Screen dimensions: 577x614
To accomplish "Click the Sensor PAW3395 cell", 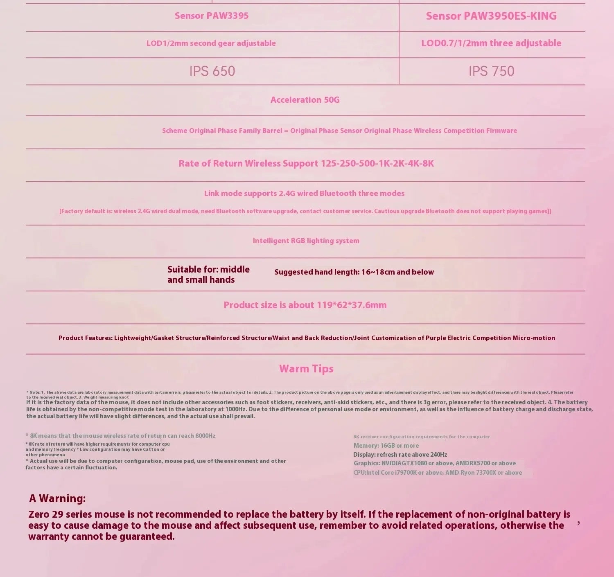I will (212, 16).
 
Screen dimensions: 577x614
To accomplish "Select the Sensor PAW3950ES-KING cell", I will (491, 16).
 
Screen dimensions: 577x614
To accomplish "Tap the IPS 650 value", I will (212, 71).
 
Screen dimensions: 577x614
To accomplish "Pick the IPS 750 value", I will (491, 71).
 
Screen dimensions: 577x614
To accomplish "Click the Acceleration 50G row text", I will (305, 100).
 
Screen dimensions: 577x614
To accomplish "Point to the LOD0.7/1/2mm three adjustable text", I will (491, 43).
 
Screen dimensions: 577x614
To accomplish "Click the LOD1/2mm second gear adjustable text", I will (211, 43).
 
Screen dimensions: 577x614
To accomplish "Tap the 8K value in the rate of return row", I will (428, 164).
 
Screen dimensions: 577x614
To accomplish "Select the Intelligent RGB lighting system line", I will (306, 241).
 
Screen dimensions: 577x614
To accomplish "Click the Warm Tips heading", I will (306, 369).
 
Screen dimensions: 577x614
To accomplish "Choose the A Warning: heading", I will (57, 498).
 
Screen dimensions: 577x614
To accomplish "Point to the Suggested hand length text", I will (354, 272).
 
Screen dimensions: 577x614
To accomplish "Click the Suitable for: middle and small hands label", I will (208, 275).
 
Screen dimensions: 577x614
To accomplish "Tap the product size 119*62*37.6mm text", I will (305, 305).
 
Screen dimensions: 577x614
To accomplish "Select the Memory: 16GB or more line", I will (386, 446).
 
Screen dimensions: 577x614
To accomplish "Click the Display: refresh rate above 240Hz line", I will (400, 455).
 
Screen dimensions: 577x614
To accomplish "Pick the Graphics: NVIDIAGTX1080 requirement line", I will (434, 463).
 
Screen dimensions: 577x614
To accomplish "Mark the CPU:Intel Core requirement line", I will (438, 473).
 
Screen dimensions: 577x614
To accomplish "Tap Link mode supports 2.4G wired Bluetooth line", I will (304, 194).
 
